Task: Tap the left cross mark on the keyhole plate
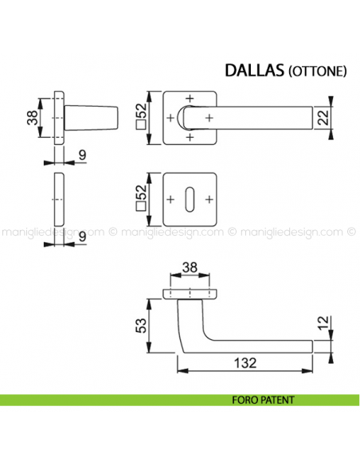point(171,197)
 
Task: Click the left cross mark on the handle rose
point(170,118)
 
